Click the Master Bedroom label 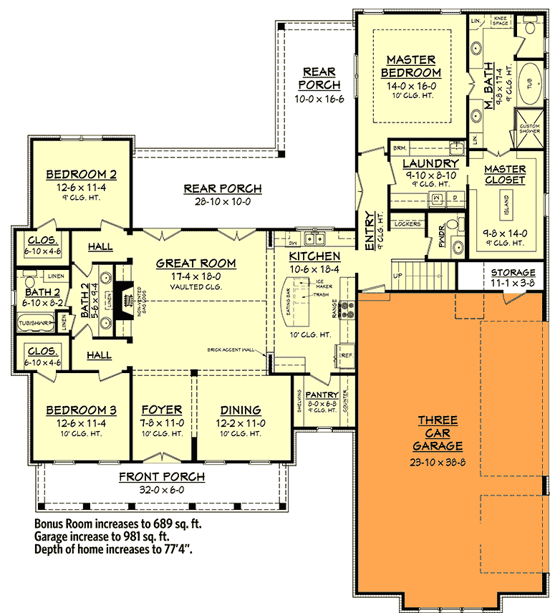click(411, 66)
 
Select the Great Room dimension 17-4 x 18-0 click(196, 275)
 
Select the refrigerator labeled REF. click(345, 353)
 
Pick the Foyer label click(161, 410)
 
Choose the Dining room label click(241, 410)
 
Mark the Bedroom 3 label click(81, 410)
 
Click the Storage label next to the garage click(513, 273)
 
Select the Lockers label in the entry click(407, 224)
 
